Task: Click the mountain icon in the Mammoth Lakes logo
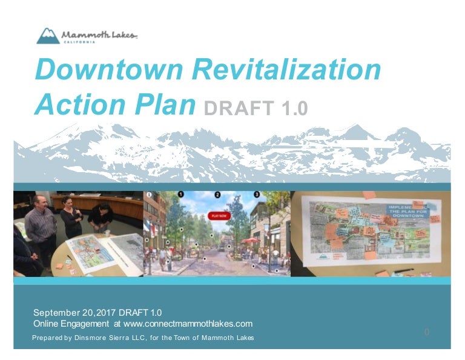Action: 48,36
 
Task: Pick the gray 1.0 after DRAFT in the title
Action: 294,108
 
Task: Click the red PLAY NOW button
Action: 218,215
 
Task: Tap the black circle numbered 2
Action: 217,195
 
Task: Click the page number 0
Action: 427,332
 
